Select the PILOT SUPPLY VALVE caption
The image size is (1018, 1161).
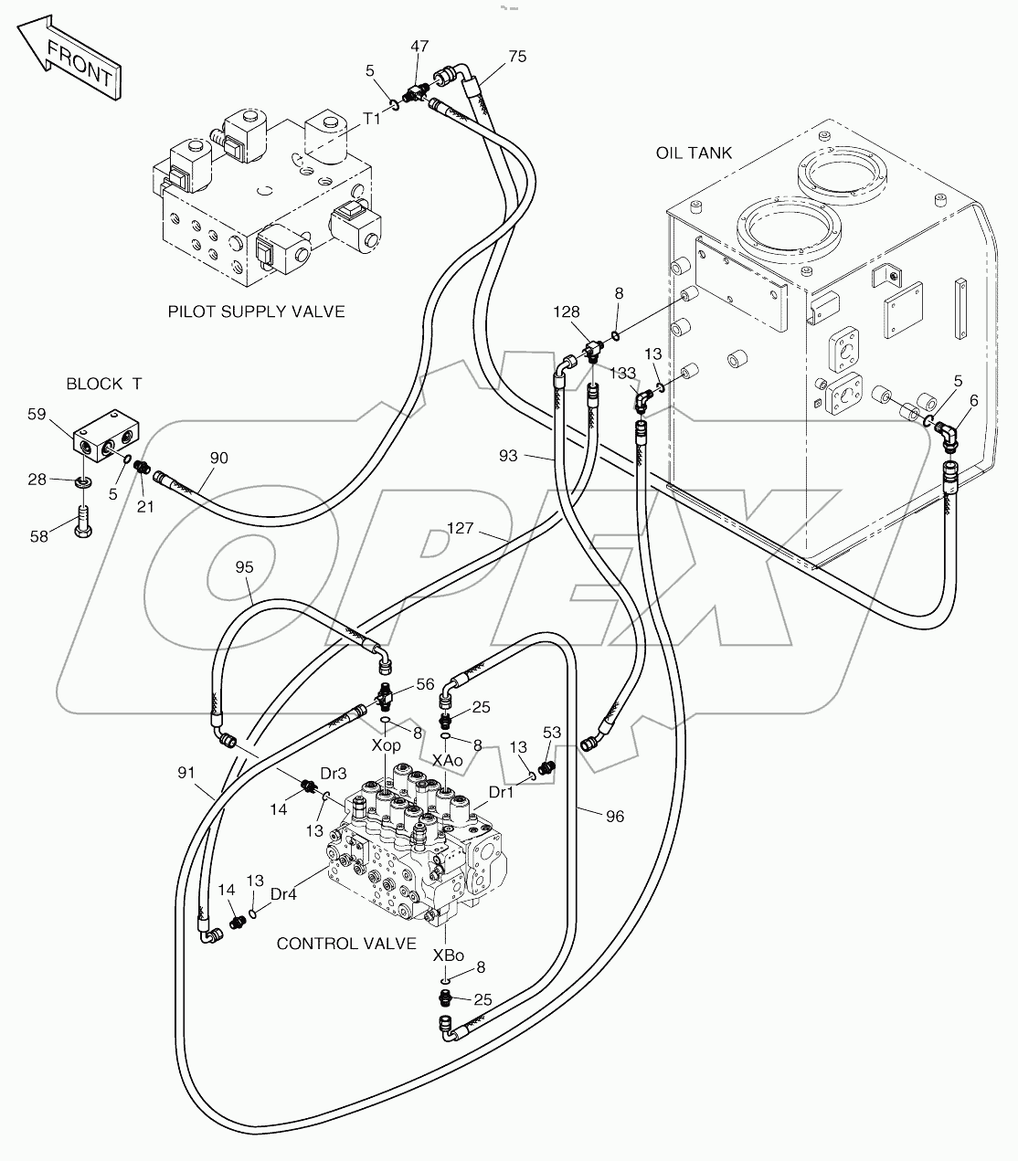256,311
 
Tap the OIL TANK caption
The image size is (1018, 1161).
694,153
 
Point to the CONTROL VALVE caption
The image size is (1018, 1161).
346,944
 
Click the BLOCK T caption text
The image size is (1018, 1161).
103,385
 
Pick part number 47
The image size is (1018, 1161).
419,46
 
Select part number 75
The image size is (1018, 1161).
517,57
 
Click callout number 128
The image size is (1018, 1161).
566,312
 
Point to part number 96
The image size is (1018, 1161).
615,816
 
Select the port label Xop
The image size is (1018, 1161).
386,745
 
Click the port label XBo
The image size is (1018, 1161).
447,955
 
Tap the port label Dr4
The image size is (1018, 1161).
284,895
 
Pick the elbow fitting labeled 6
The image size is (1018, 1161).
950,438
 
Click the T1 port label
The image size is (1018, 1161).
372,118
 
